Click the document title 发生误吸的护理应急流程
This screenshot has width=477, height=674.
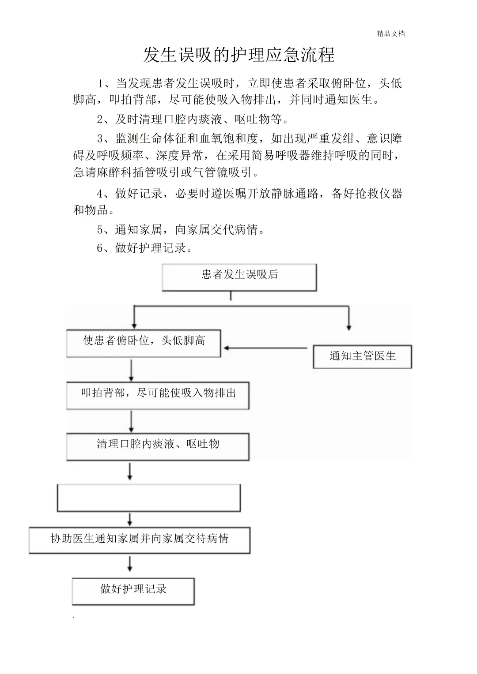tap(238, 55)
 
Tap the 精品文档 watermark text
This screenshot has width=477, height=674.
tap(391, 34)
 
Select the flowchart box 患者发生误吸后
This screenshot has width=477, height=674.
tap(239, 277)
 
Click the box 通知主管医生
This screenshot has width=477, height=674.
tap(362, 356)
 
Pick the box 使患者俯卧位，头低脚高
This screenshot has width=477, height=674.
tap(144, 343)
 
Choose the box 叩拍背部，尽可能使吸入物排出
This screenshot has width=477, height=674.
tap(158, 395)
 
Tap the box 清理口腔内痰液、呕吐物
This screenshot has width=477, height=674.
tap(158, 446)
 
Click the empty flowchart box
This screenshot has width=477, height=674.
tap(149, 498)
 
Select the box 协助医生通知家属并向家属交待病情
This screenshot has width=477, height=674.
tap(140, 539)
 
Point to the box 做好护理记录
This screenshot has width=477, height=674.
tap(133, 591)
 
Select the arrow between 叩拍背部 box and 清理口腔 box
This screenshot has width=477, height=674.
tap(131, 422)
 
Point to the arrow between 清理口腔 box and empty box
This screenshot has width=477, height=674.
tap(130, 471)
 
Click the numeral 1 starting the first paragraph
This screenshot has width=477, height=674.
tap(100, 83)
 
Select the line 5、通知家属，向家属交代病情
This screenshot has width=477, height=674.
tap(181, 230)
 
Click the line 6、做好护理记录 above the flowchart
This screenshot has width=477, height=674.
tap(145, 248)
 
